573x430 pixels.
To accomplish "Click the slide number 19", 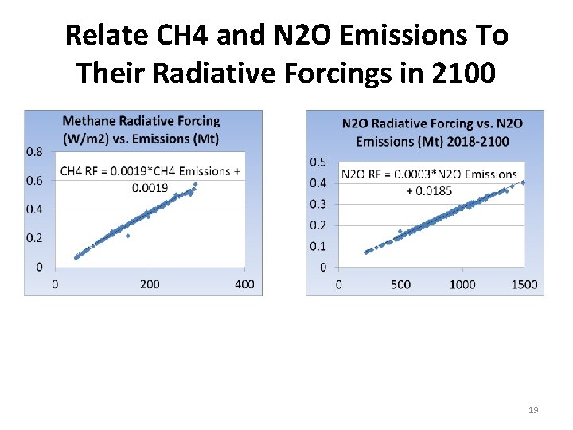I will click(533, 410).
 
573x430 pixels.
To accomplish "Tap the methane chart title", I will click(141, 129).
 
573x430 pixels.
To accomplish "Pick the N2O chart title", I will click(432, 132).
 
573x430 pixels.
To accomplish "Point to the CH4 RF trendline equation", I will click(146, 178).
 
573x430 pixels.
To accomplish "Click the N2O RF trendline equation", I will click(429, 182).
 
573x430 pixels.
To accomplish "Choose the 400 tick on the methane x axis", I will click(244, 284).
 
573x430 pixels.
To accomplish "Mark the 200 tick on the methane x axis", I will click(150, 284).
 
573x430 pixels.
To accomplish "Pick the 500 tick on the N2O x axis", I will click(400, 284).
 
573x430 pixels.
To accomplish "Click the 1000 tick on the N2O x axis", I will click(462, 284).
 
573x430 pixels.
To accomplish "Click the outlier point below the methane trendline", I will click(127, 236).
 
